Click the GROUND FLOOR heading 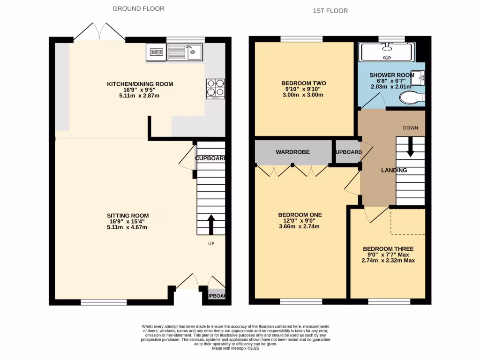pos(138,8)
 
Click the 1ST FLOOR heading pos(330,10)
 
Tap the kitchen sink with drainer pos(185,52)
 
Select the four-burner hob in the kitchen pos(215,88)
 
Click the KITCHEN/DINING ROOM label pos(140,84)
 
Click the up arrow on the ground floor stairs pos(211,224)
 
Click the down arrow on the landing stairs pos(411,147)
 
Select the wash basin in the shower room pos(420,77)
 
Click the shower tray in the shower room pos(386,52)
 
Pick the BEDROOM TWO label pos(304,83)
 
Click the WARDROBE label pos(291,152)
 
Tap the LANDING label pos(394,170)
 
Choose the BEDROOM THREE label pos(388,249)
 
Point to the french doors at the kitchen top pos(99,32)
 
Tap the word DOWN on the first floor pos(410,128)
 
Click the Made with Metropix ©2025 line pos(235,348)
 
